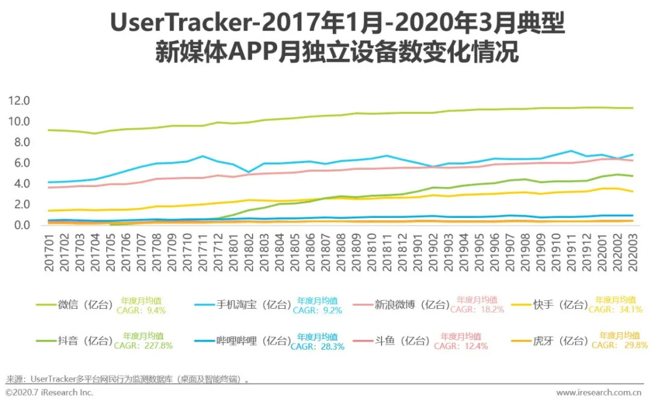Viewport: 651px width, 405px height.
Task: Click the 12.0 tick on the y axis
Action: pyautogui.click(x=19, y=100)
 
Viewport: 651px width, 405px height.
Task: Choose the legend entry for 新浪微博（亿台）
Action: pyautogui.click(x=412, y=305)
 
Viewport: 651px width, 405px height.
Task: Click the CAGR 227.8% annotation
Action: pyautogui.click(x=143, y=346)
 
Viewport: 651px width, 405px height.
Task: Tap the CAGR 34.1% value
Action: pyautogui.click(x=615, y=310)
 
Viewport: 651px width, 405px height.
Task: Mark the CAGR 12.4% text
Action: pyautogui.click(x=461, y=346)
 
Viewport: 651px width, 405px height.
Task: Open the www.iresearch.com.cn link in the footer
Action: pyautogui.click(x=598, y=392)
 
